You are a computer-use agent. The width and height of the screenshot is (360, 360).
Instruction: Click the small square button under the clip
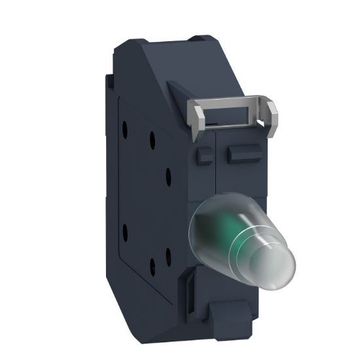[203, 154]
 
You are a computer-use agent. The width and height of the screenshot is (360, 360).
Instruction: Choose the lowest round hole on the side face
[152, 265]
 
